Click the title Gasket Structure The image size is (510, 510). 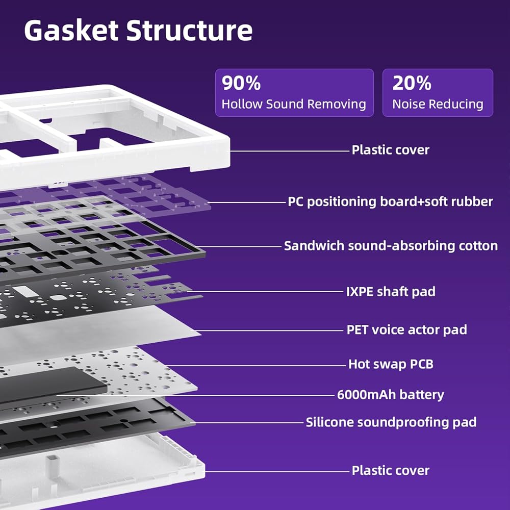[x=138, y=31]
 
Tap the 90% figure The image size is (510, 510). [x=241, y=83]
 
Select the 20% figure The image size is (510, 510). [x=412, y=83]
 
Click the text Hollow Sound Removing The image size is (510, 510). [x=294, y=104]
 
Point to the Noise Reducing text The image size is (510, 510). [x=438, y=104]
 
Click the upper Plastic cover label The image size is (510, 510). [x=390, y=150]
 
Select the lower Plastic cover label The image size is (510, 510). [x=390, y=470]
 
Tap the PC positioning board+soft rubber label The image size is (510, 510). [x=390, y=201]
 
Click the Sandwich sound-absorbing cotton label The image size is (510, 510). [x=391, y=246]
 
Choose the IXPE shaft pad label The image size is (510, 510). [x=391, y=292]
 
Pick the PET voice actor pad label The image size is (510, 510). [x=406, y=329]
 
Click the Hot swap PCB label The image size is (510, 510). [x=391, y=364]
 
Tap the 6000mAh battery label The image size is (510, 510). [x=391, y=394]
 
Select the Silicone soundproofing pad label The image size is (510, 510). [x=391, y=422]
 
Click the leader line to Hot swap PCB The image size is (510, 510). [x=255, y=365]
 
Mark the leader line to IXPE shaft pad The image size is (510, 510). [x=265, y=292]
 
